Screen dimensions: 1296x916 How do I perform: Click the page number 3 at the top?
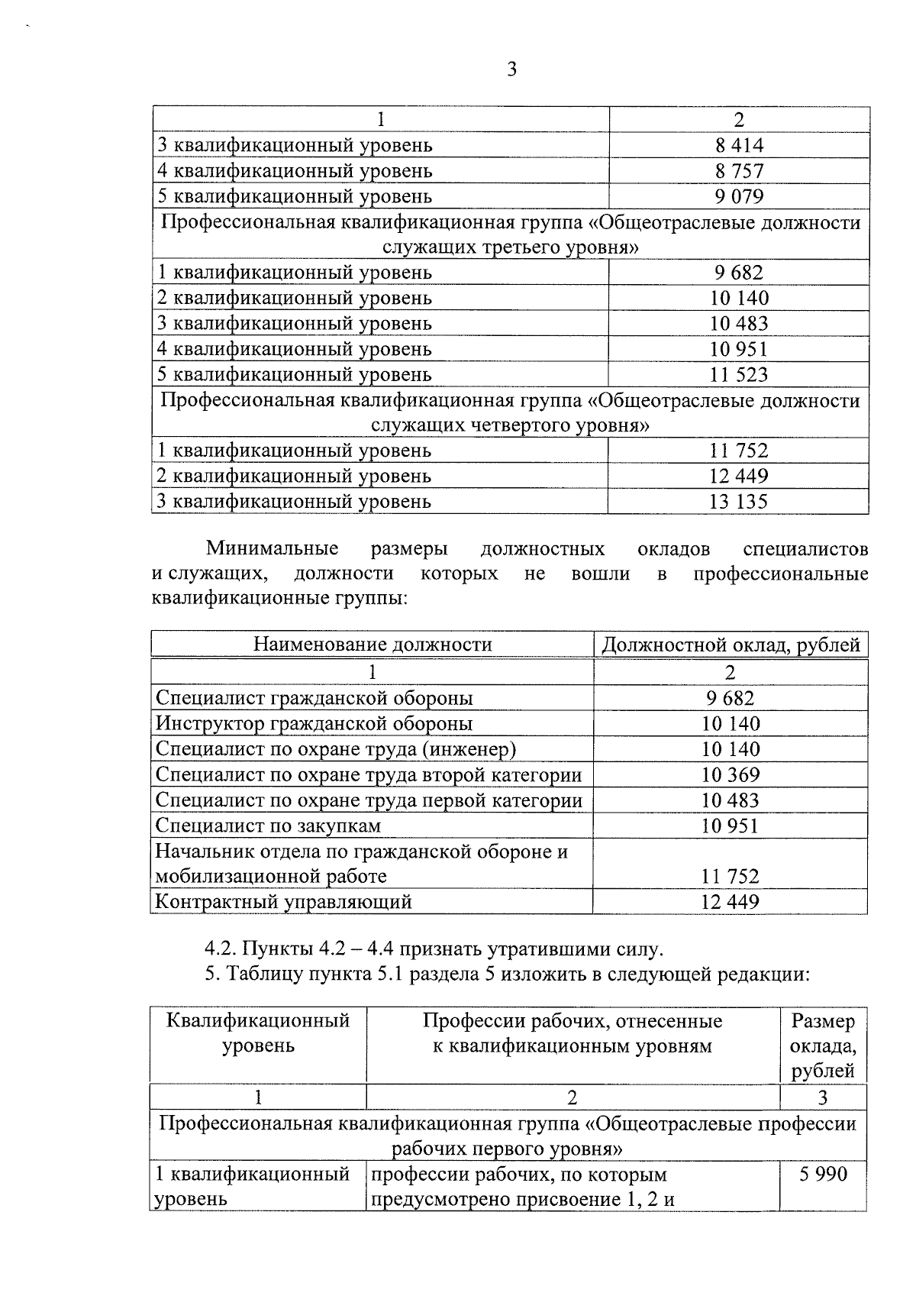pos(511,70)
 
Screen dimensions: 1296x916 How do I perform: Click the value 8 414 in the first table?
pos(739,145)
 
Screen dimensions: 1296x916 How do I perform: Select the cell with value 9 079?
pos(739,196)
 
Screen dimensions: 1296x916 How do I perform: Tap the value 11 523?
pos(739,374)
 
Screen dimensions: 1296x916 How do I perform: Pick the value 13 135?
pos(739,502)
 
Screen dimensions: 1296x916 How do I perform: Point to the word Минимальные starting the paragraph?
pos(273,548)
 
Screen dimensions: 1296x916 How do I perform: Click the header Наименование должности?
pos(373,644)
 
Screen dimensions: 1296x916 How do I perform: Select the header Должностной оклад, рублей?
pos(731,645)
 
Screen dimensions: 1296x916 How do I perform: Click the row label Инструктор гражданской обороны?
pos(314,723)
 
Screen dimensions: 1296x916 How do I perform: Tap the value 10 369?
pos(731,774)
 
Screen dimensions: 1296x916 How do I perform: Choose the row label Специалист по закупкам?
pos(268,826)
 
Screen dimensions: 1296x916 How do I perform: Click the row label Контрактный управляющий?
pos(283,902)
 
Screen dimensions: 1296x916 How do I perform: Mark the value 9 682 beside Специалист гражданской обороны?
pos(731,698)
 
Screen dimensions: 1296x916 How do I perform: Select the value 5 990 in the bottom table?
pos(823,1174)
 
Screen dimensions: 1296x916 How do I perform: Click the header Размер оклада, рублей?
pos(823,1046)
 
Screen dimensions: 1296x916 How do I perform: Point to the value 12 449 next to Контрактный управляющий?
pos(731,902)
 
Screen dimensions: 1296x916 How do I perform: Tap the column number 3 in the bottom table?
pos(823,1097)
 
